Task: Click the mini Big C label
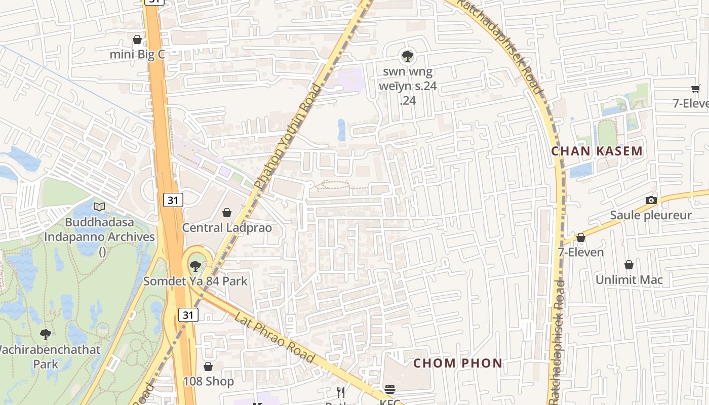click(138, 54)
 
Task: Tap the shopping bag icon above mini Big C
click(137, 39)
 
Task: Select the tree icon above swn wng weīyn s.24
click(407, 56)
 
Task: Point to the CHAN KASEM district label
click(597, 151)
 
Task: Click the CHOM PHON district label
click(458, 363)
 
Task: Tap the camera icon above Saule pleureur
click(651, 200)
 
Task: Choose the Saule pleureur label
click(651, 215)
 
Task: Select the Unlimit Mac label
click(629, 279)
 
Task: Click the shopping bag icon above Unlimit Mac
click(629, 265)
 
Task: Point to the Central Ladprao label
click(227, 227)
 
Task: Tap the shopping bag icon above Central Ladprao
click(227, 213)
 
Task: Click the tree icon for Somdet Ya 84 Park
click(195, 266)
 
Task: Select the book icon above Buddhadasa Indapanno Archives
click(99, 207)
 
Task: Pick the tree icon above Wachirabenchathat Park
click(46, 334)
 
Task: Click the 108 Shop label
click(208, 381)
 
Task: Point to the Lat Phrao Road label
click(274, 337)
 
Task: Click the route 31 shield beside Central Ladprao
click(173, 200)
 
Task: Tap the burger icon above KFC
click(390, 389)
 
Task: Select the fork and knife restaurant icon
click(341, 392)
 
